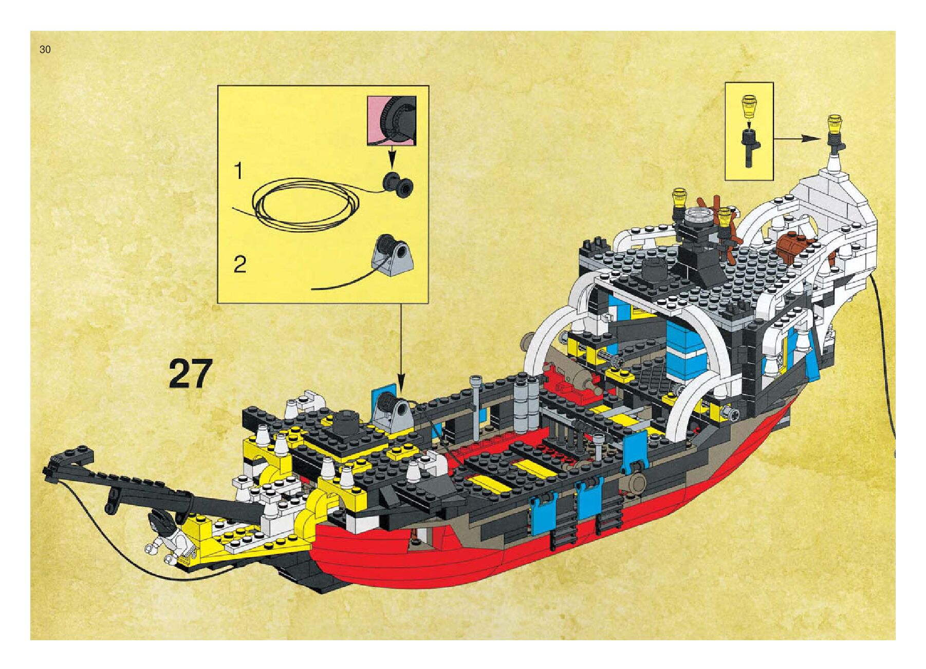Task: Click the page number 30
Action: [45, 50]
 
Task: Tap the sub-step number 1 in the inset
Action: [238, 171]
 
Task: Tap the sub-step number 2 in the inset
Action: [240, 265]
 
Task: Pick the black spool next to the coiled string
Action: [398, 185]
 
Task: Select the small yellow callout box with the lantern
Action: [749, 131]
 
